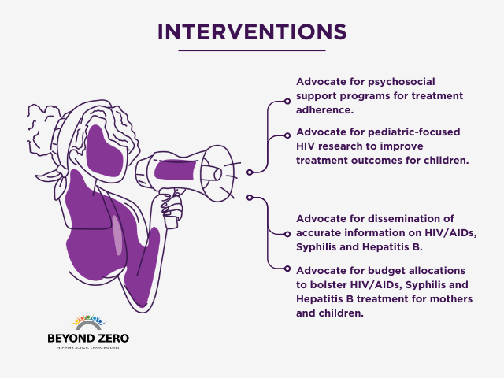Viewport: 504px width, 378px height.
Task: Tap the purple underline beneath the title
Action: (x=252, y=50)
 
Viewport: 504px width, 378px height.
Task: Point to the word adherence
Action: (x=324, y=109)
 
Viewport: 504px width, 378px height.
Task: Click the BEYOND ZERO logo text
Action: (x=87, y=338)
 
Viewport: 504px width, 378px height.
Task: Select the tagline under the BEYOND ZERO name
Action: (x=87, y=347)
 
